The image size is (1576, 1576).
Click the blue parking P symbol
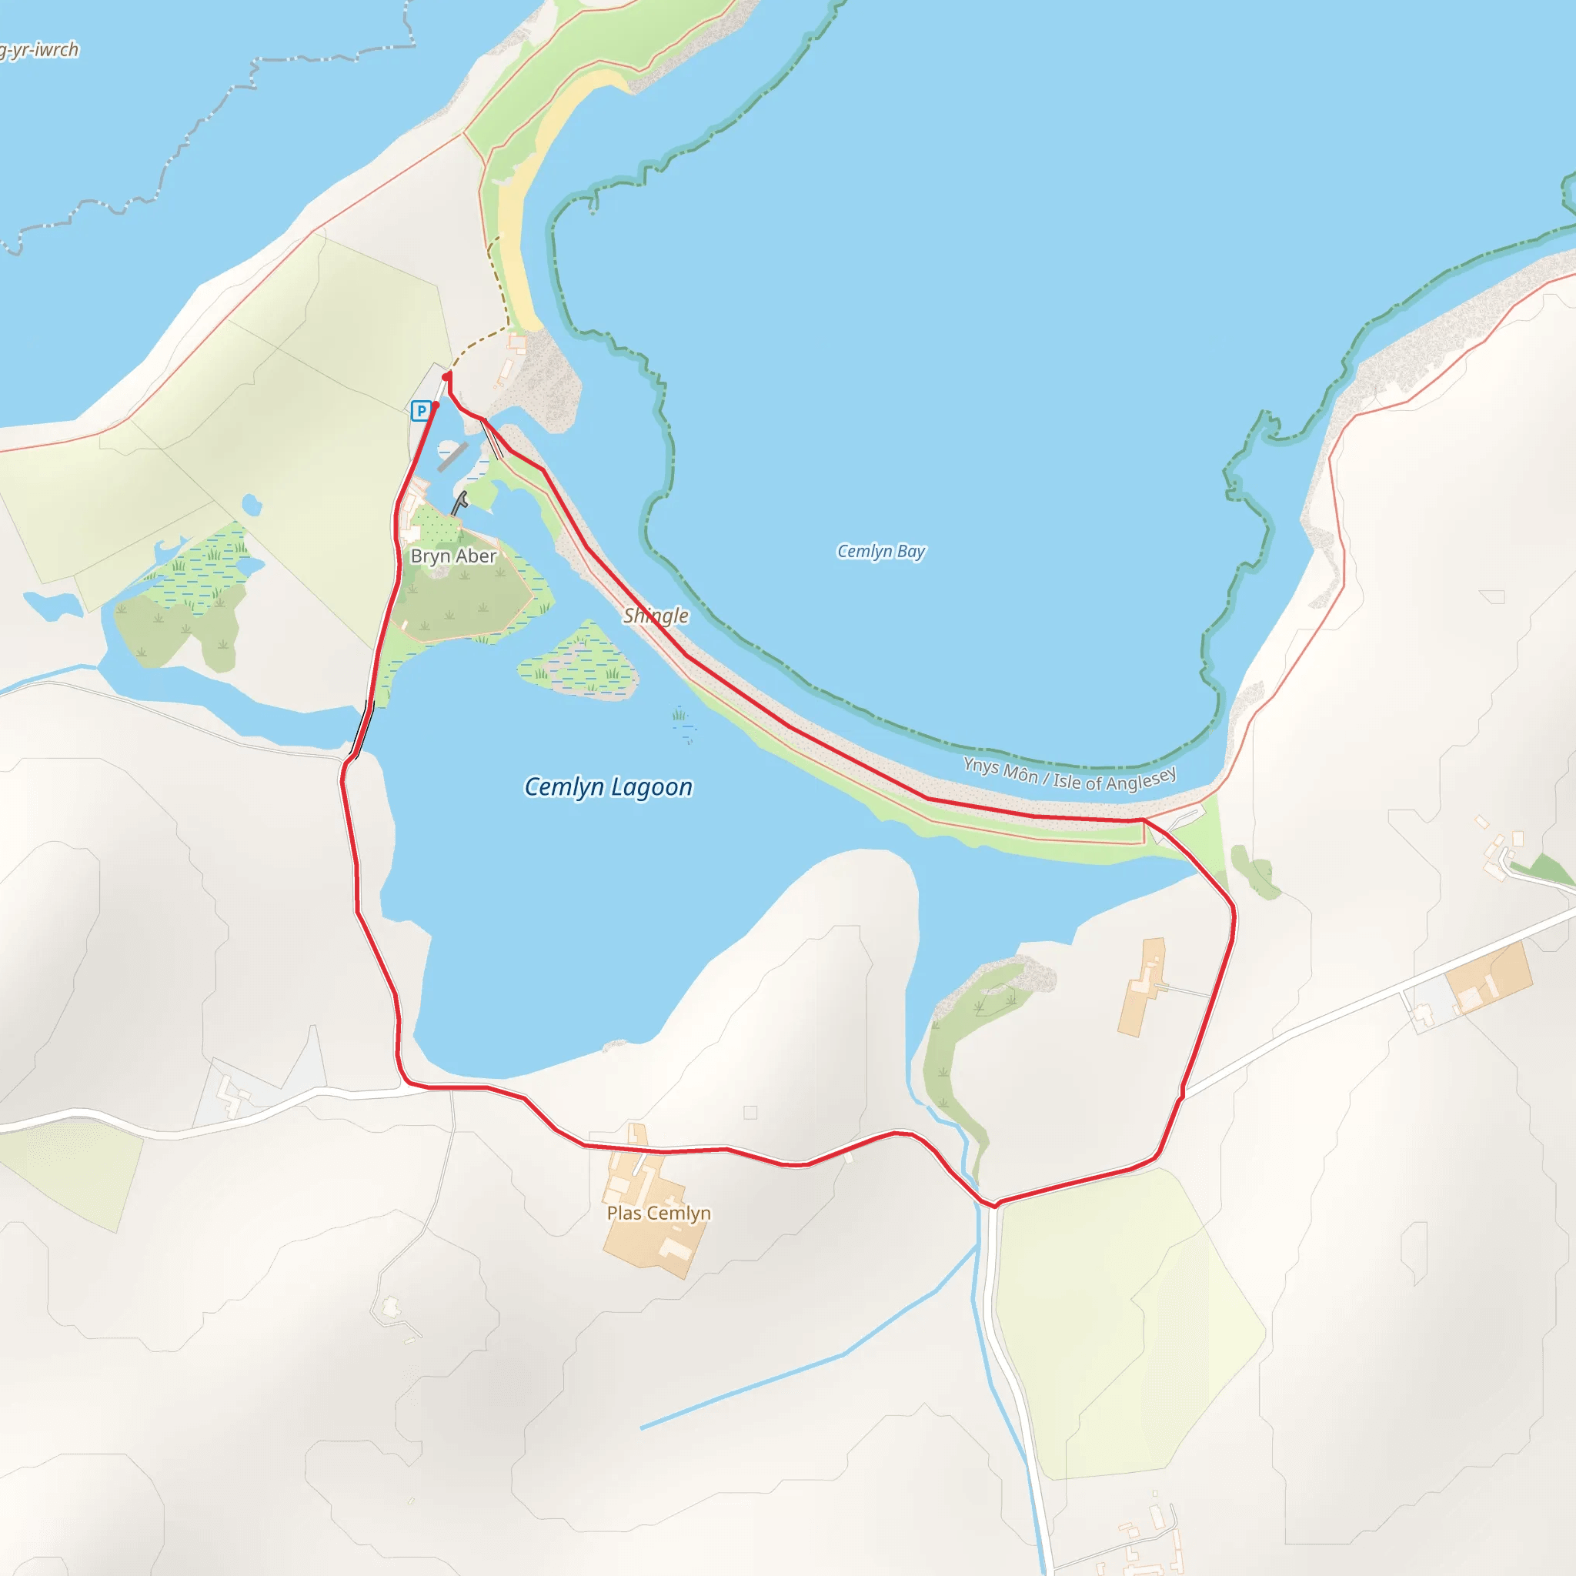coord(421,410)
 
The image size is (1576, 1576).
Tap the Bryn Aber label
coord(453,556)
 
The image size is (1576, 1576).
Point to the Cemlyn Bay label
coord(881,552)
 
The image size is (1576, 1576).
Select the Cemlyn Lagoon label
coord(608,786)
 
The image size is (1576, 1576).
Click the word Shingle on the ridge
coord(656,615)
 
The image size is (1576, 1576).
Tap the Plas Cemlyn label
coord(658,1213)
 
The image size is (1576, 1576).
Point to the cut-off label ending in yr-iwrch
coord(39,51)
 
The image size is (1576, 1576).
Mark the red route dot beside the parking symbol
coord(436,405)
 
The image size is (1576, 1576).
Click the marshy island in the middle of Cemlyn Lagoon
coord(580,665)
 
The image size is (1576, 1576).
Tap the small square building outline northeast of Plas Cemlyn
coord(750,1112)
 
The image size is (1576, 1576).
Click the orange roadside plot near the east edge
coord(1489,977)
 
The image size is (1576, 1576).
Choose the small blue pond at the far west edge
coord(53,604)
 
